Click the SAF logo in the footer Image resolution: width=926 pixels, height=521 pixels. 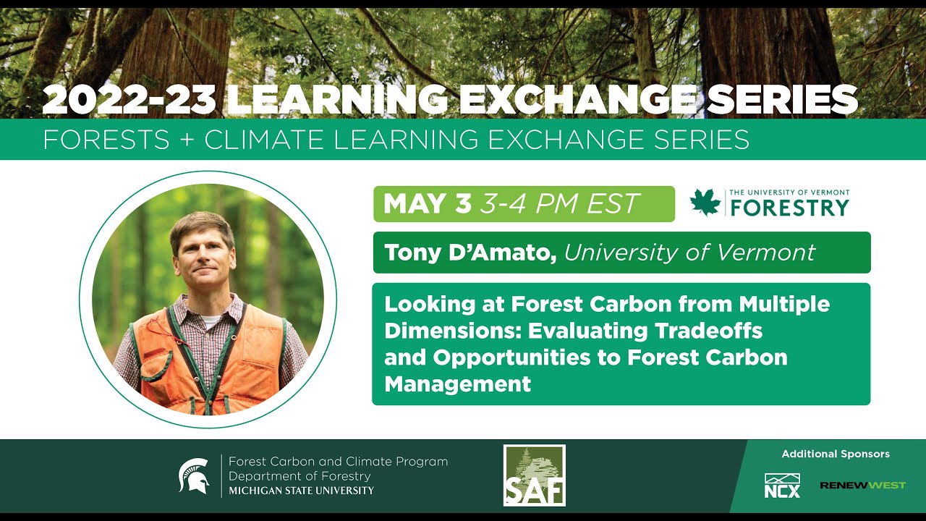tap(534, 475)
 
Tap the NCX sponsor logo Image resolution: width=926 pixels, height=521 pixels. tap(782, 486)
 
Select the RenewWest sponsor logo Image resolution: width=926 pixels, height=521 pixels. tap(862, 485)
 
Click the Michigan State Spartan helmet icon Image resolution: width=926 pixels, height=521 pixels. tap(194, 475)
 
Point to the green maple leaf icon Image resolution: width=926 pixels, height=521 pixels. tap(705, 203)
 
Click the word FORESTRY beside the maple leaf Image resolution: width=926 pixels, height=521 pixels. tap(789, 208)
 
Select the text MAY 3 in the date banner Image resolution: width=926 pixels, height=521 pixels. tap(427, 204)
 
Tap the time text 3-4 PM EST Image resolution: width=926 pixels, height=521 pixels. tap(559, 204)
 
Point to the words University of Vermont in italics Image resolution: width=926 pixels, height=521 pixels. tap(689, 253)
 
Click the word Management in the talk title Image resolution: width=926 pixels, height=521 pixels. tap(457, 384)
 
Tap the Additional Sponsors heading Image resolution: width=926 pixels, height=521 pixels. tap(836, 454)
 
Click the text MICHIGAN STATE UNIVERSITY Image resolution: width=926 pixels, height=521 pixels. tap(301, 491)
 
